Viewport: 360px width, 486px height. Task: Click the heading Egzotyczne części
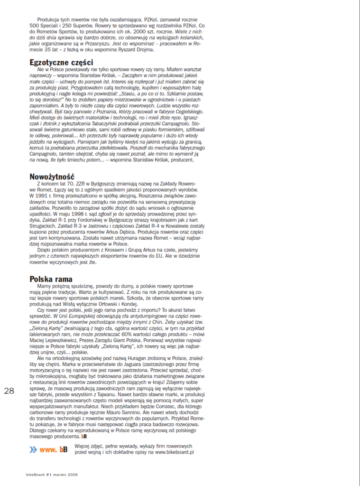61,62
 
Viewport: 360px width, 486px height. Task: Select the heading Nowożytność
54,177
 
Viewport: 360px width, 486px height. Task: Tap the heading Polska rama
51,279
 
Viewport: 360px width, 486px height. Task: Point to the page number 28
9,391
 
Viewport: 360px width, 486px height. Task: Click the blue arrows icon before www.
33,449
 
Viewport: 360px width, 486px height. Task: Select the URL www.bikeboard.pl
175,452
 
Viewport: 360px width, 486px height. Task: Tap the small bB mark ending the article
84,436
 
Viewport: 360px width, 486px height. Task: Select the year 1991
37,195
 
